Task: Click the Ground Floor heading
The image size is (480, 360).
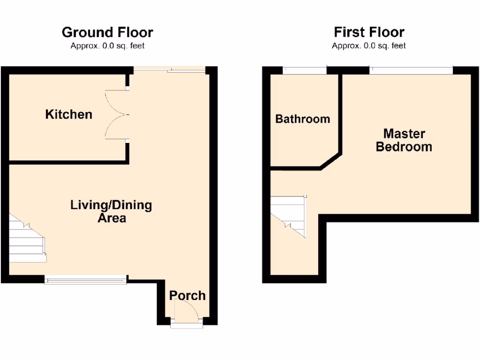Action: (107, 32)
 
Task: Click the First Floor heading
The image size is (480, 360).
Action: (369, 32)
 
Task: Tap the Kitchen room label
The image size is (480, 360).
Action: (68, 114)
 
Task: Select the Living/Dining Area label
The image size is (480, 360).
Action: (111, 211)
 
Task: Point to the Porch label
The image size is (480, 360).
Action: (187, 296)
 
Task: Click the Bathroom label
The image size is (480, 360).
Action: (302, 119)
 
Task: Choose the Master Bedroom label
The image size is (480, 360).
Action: (404, 140)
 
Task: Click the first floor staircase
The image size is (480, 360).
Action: (289, 215)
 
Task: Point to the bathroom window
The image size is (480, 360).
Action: (305, 71)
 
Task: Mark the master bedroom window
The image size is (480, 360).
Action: (411, 71)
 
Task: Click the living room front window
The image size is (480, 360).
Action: (86, 280)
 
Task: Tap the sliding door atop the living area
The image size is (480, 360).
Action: (170, 70)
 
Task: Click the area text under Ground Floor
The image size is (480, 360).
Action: (107, 46)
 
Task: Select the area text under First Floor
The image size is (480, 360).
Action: (369, 46)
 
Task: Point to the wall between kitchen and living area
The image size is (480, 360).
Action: (68, 162)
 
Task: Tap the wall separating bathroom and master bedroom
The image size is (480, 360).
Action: (341, 112)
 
